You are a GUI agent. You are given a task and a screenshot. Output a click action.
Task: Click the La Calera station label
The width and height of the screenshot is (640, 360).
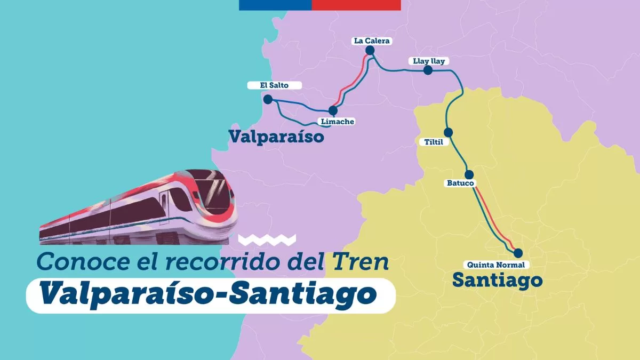pyautogui.click(x=372, y=41)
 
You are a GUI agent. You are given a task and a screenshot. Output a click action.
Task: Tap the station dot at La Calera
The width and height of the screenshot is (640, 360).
pyautogui.click(x=370, y=51)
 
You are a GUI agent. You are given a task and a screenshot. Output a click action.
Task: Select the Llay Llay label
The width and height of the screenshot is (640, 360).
pyautogui.click(x=428, y=61)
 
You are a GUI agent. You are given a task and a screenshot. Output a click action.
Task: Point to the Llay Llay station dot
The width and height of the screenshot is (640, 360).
pyautogui.click(x=428, y=70)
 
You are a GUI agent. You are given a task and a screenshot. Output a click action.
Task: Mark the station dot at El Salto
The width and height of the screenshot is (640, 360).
pyautogui.click(x=268, y=99)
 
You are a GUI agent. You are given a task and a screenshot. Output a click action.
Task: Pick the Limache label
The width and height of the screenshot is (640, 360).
pyautogui.click(x=337, y=122)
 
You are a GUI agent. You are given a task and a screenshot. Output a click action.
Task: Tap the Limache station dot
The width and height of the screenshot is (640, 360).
pyautogui.click(x=333, y=110)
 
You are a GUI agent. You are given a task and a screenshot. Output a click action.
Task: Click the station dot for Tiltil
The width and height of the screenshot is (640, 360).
pyautogui.click(x=449, y=132)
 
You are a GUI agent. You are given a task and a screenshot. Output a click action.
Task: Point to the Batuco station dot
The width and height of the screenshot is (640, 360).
pyautogui.click(x=469, y=174)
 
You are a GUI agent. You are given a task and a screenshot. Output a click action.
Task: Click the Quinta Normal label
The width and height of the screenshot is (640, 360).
pyautogui.click(x=495, y=265)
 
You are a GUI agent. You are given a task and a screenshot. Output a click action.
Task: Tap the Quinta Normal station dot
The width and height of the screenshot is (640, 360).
pyautogui.click(x=517, y=253)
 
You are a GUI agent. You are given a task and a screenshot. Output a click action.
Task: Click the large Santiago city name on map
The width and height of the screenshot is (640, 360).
pyautogui.click(x=497, y=279)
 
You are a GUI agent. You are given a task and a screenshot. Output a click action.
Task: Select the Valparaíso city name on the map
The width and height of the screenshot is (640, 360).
pyautogui.click(x=276, y=137)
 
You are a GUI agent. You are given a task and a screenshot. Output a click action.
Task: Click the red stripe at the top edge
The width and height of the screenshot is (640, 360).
pyautogui.click(x=356, y=5)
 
